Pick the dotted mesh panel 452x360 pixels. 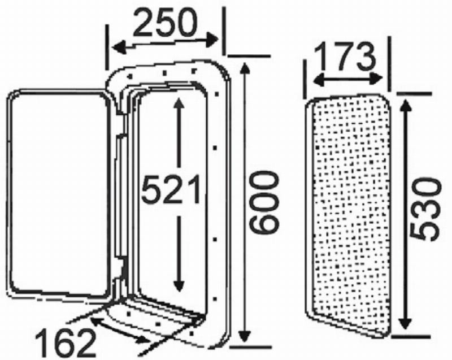tap(350, 215)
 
